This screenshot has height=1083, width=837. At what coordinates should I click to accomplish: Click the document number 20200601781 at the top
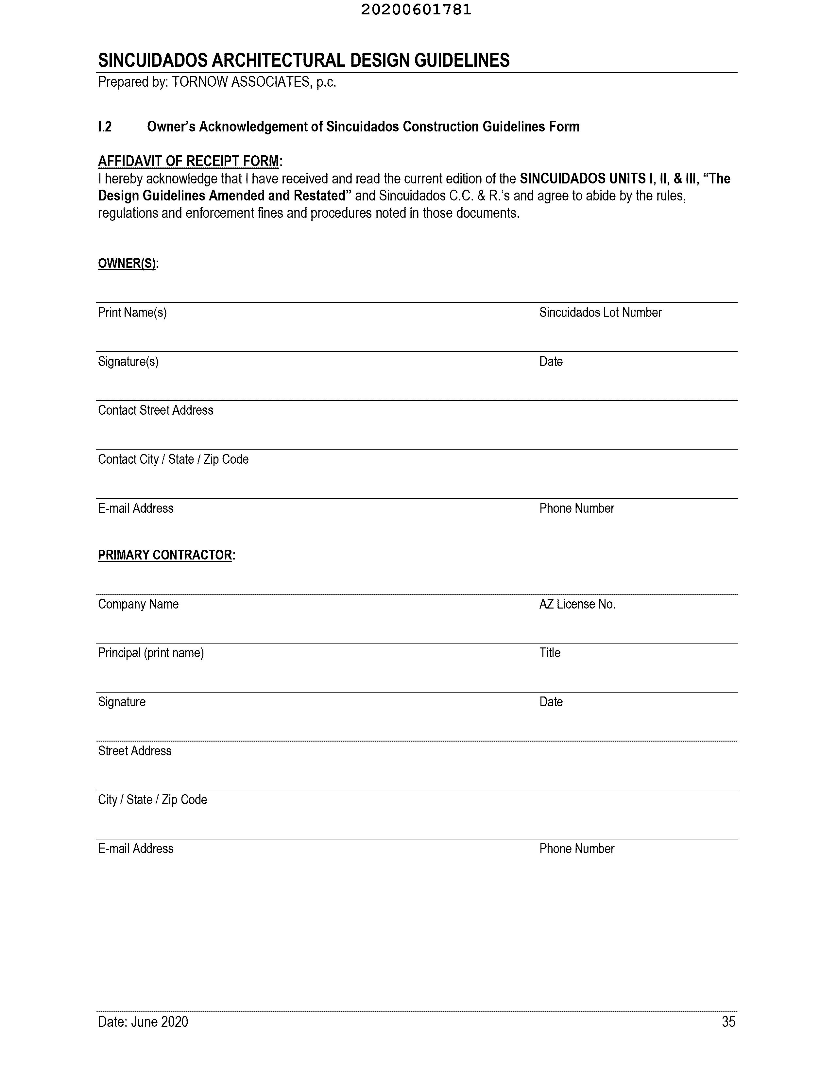point(416,10)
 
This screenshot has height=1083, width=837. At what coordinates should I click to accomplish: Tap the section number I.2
point(105,127)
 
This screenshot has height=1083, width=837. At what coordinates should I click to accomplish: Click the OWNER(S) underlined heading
point(127,263)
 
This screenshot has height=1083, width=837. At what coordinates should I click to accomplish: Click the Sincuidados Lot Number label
point(600,312)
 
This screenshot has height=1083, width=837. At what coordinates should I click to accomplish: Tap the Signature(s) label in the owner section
point(128,362)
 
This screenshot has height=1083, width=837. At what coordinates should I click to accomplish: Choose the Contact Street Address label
point(155,410)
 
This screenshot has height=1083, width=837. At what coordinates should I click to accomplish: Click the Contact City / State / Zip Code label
point(173,459)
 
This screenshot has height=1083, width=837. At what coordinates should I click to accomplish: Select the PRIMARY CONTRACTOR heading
point(165,555)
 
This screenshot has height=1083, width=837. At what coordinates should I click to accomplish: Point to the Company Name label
point(138,604)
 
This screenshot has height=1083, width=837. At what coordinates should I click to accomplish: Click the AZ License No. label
point(577,604)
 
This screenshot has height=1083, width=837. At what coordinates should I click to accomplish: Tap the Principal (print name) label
point(151,653)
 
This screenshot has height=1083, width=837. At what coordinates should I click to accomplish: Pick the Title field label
point(549,653)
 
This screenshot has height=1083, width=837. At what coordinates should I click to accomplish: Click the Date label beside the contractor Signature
point(550,702)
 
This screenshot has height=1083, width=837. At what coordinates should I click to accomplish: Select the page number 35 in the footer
point(728,1022)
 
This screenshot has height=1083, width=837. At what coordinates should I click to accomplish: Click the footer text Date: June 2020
point(143,1022)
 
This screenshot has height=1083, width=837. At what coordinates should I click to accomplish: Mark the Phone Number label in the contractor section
point(576,849)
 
